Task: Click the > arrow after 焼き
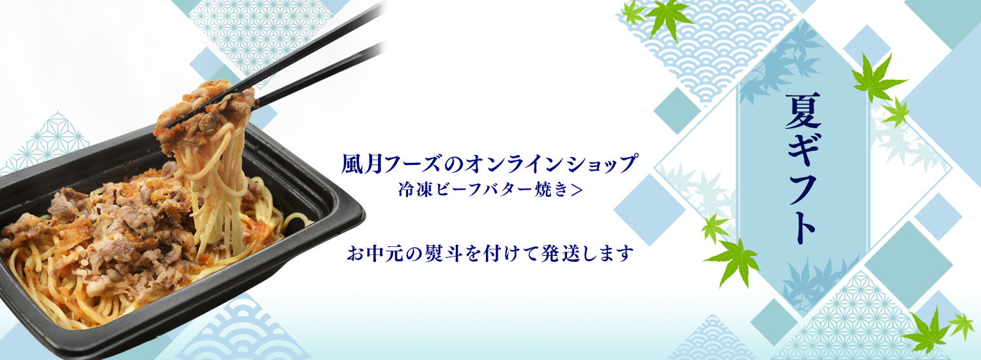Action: point(577,190)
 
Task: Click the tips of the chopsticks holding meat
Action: point(173,124)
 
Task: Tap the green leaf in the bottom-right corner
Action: point(929,331)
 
